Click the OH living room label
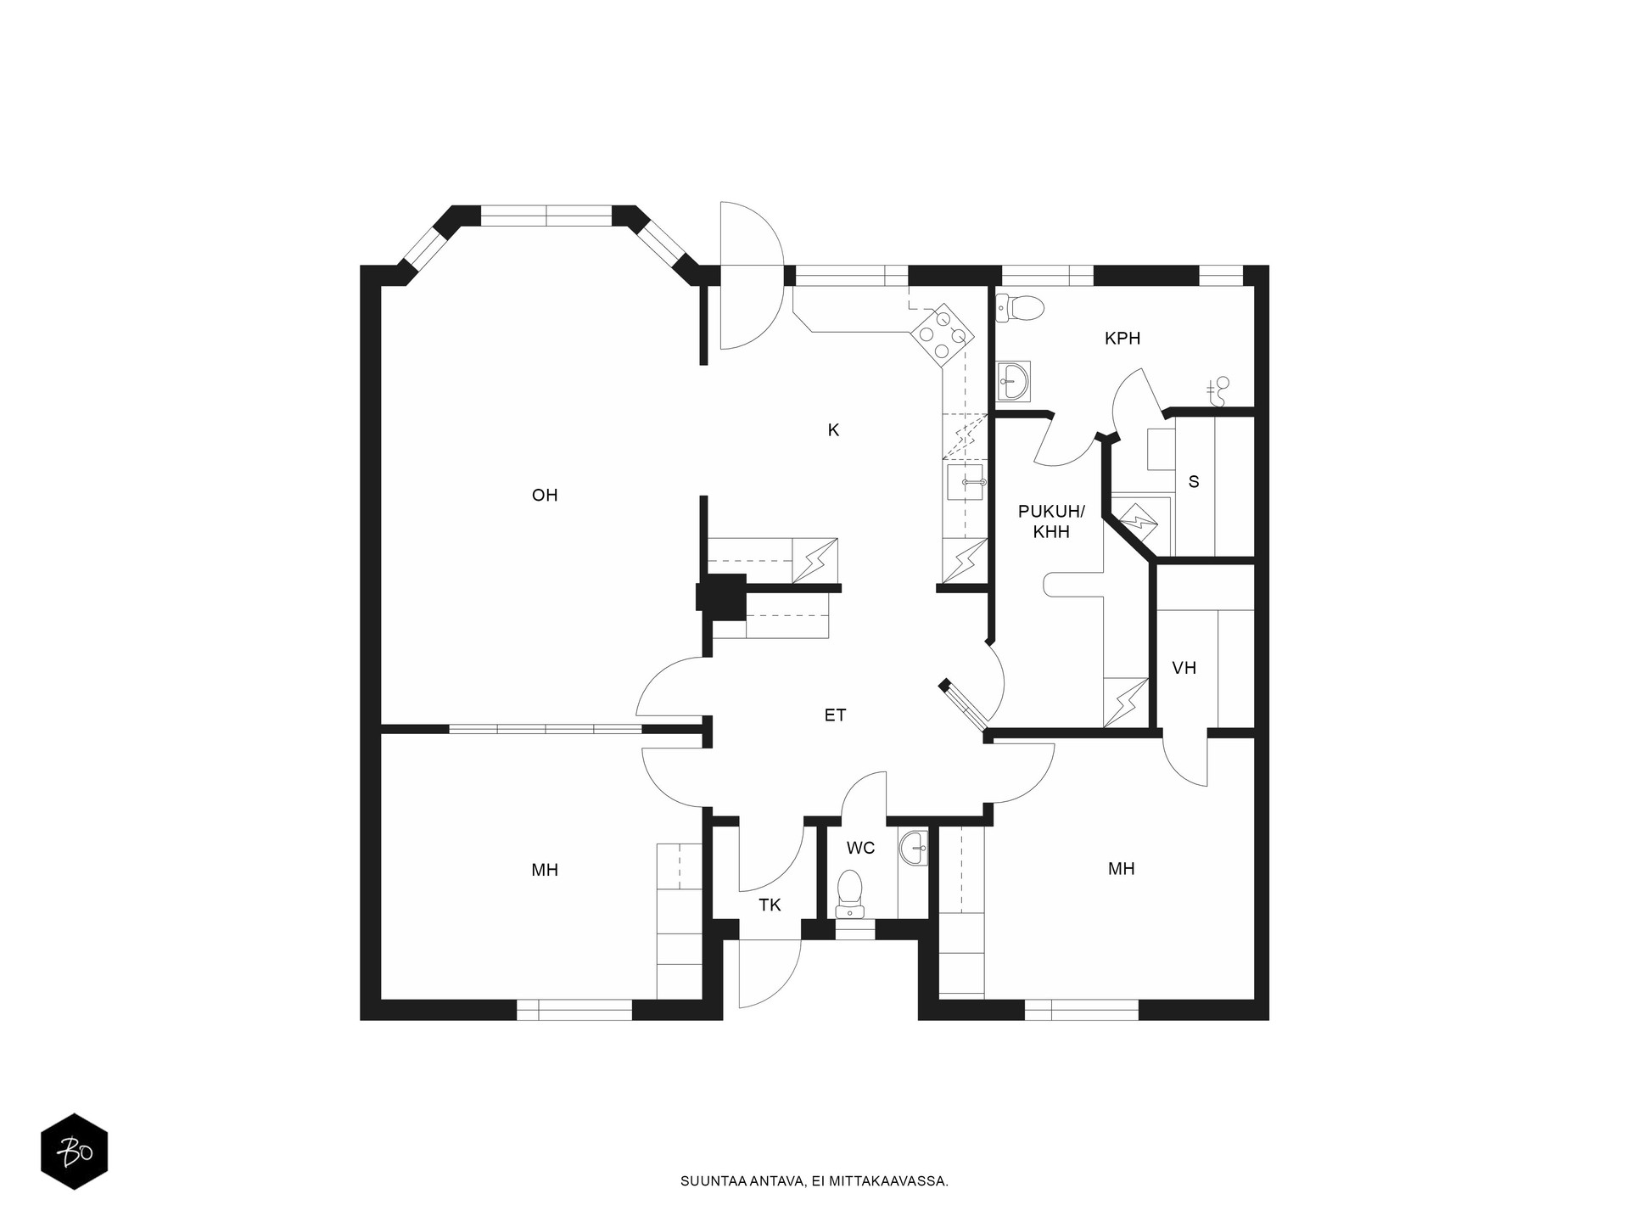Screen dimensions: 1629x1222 [x=545, y=496]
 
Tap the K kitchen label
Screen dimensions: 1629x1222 [x=833, y=430]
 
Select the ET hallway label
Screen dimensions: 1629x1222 [x=835, y=715]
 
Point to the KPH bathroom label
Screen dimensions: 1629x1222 [x=1122, y=339]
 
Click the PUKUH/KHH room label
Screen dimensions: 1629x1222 [x=1051, y=522]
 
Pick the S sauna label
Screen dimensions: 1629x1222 [x=1194, y=482]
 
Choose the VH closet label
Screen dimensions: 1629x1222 [x=1184, y=668]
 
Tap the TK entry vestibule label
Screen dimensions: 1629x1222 [x=770, y=905]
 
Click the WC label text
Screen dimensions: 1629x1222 [x=860, y=848]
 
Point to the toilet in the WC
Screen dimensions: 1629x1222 [x=849, y=894]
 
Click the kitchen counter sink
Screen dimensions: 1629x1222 [x=965, y=482]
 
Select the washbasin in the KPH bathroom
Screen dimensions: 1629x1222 [x=1014, y=380]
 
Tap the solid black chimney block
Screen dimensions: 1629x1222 [x=721, y=593]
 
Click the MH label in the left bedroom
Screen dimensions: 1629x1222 [x=545, y=870]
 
